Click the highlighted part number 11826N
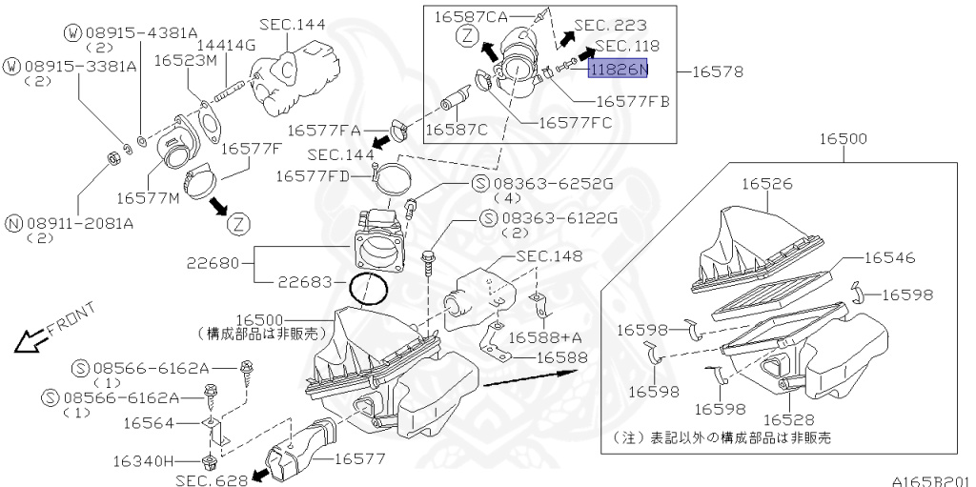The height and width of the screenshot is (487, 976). (x=618, y=69)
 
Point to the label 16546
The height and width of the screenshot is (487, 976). (x=889, y=257)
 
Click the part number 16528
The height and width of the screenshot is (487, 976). (x=790, y=419)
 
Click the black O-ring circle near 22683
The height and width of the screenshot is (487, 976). (x=370, y=290)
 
